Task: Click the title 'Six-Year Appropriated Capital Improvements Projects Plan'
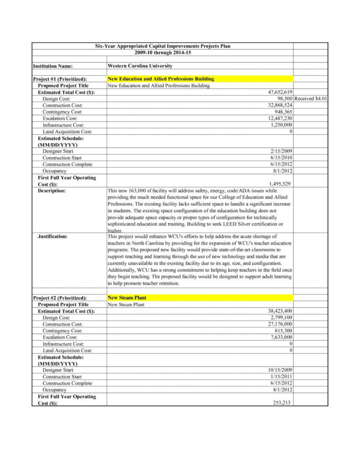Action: pos(163,46)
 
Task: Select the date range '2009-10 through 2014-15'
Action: pos(163,53)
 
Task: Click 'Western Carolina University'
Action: pos(140,66)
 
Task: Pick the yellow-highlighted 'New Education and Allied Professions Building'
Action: pos(161,79)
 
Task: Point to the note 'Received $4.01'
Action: pos(311,99)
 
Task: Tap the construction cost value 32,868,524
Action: pos(278,105)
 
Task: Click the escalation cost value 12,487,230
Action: pos(278,119)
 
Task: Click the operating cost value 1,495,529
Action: pos(280,184)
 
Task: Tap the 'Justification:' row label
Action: pos(52,237)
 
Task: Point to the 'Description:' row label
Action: pos(52,191)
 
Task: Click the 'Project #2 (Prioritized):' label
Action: pos(60,298)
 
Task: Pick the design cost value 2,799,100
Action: pos(280,317)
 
